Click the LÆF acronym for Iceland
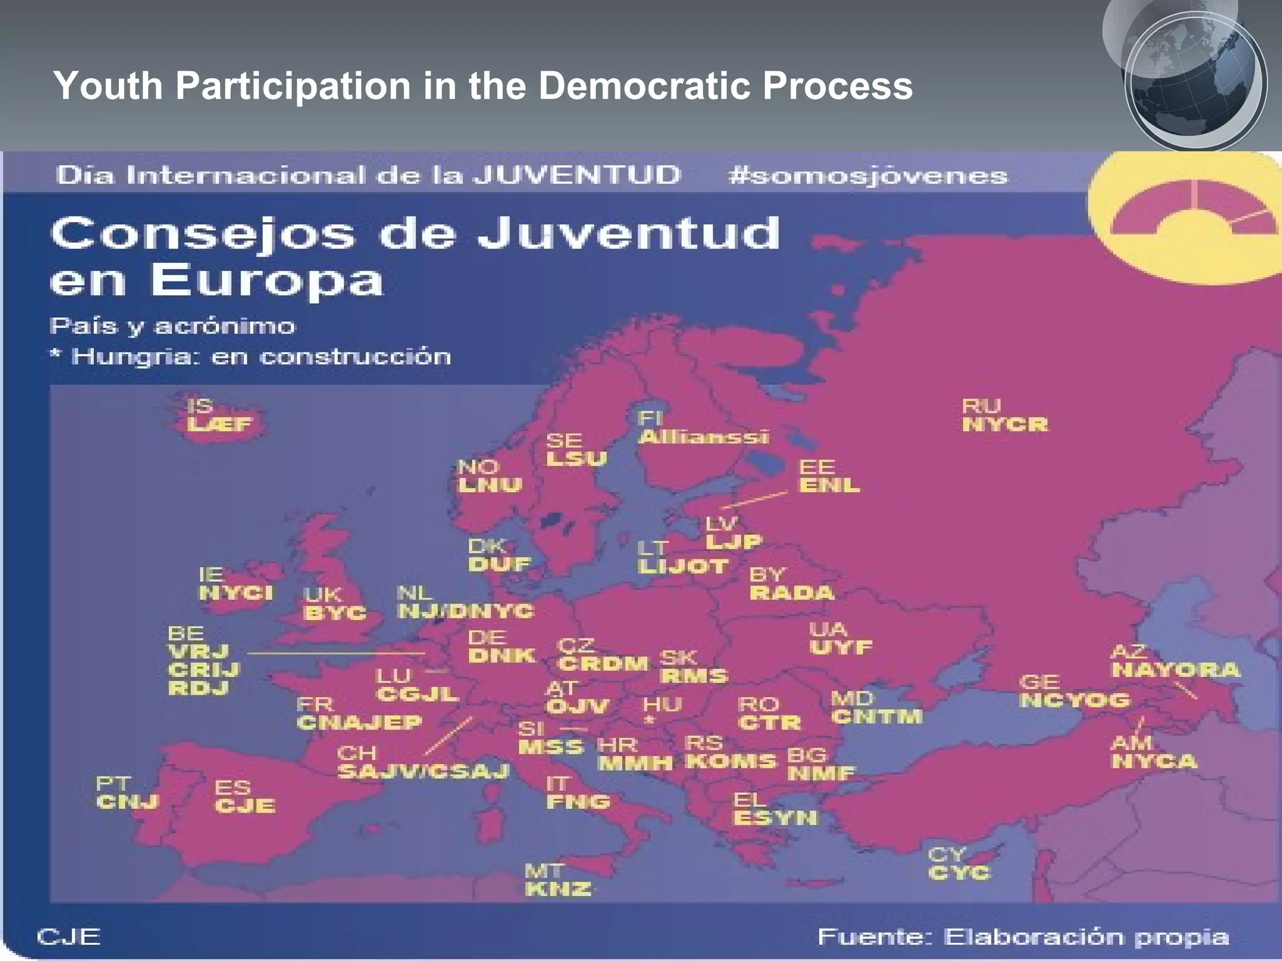coord(219,425)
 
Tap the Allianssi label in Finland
coord(703,437)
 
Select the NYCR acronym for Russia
coord(1005,425)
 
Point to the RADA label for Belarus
coord(792,592)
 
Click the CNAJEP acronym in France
coord(359,723)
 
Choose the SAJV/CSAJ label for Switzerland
coord(423,771)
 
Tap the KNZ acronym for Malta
coord(558,889)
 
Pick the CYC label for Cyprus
coord(959,873)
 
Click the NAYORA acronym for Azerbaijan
coord(1175,670)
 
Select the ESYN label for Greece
coord(775,818)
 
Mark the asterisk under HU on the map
coord(650,721)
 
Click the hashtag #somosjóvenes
coord(868,176)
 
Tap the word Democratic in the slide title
coord(644,85)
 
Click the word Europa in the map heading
coord(267,280)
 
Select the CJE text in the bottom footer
coord(68,937)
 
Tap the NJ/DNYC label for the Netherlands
coord(466,611)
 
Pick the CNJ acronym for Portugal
coord(128,802)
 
